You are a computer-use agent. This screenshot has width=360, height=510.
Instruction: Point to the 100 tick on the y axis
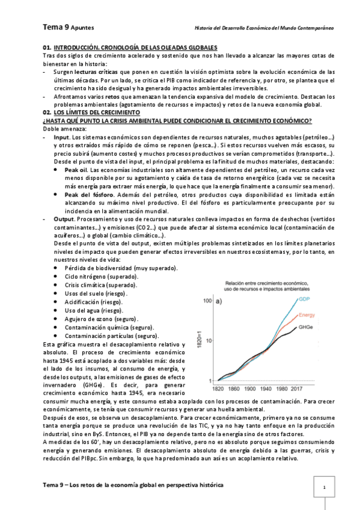click(207, 301)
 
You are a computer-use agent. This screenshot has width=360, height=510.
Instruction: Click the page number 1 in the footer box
click(325, 488)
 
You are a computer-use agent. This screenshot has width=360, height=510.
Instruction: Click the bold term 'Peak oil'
click(76, 170)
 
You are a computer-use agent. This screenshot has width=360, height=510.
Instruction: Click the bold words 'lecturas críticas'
click(92, 71)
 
